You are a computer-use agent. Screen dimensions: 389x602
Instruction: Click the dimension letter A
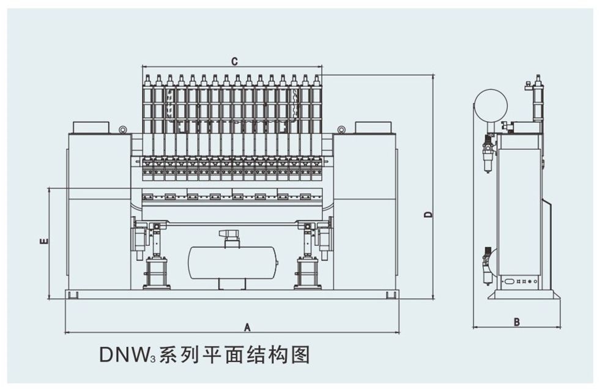247,327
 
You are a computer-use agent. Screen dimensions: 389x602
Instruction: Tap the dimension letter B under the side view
517,322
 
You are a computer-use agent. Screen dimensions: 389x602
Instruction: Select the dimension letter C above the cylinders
234,61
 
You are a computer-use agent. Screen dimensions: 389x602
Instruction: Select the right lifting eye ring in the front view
341,130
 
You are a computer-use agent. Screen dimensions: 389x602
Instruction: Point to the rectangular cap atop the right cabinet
373,127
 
